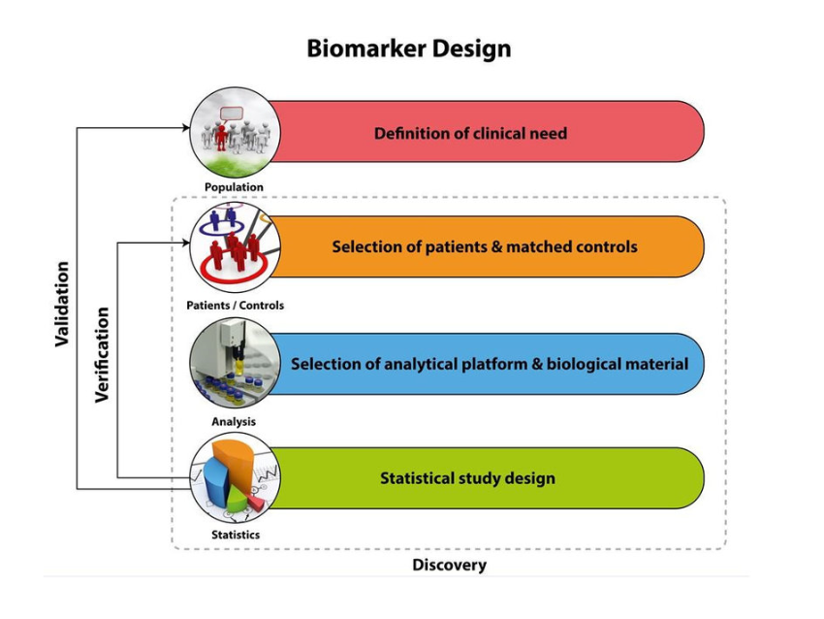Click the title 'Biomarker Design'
click(408, 49)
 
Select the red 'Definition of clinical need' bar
click(485, 132)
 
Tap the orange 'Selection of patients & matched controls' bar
click(485, 246)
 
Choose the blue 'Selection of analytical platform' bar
click(490, 364)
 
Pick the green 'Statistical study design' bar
click(485, 478)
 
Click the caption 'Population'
click(234, 187)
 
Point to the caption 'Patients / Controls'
click(235, 306)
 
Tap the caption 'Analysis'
click(234, 421)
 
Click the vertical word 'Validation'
click(62, 304)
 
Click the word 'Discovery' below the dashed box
click(449, 565)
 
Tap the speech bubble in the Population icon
click(231, 114)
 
